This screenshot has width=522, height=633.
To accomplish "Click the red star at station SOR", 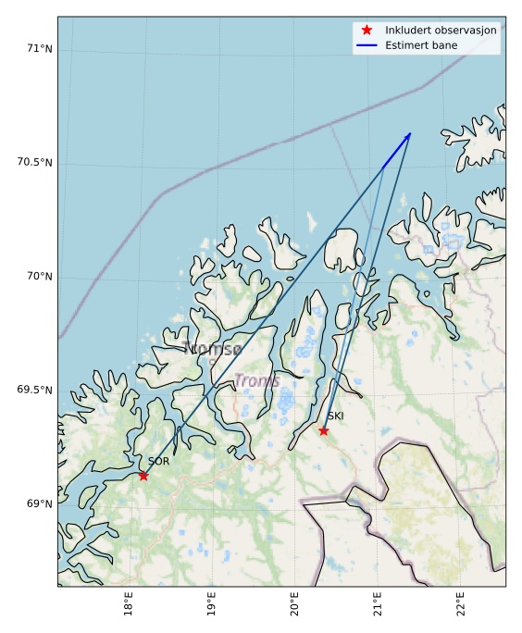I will (x=143, y=476).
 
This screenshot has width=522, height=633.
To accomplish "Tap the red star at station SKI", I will (x=323, y=430).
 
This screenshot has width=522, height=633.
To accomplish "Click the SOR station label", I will (x=158, y=461).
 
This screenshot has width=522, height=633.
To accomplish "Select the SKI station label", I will (x=335, y=416).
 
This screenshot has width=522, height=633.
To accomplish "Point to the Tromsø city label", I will (x=212, y=349).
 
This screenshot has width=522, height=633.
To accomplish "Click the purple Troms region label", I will (x=256, y=381).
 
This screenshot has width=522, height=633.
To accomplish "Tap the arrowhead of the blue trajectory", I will (x=408, y=136).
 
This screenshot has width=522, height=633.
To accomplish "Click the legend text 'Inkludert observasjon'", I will (x=441, y=31).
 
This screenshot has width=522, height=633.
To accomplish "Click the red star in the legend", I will (x=367, y=31).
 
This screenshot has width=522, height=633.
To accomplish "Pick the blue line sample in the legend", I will (x=367, y=46).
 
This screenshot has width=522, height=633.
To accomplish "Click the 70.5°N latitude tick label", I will (x=34, y=163).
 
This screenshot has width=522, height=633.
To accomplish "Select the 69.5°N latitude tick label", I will (x=34, y=391).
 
